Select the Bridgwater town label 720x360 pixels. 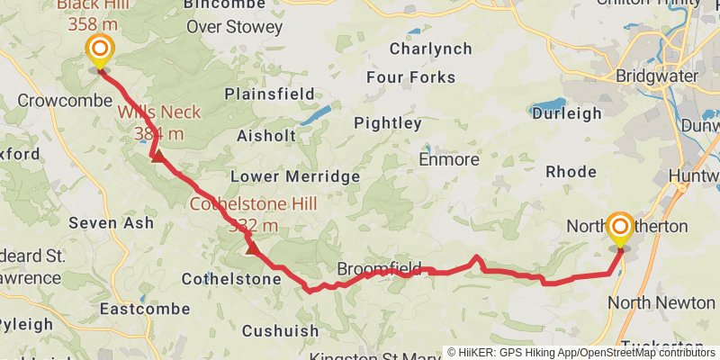[657, 76]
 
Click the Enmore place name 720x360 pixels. [449, 159]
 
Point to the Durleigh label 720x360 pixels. [566, 113]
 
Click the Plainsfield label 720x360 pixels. [269, 94]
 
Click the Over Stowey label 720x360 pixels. [234, 27]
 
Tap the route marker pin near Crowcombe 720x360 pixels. [99, 51]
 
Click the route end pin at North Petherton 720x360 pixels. [619, 228]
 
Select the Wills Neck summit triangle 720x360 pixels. [157, 157]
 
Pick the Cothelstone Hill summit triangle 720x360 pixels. [250, 246]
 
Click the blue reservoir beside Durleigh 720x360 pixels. [548, 106]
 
